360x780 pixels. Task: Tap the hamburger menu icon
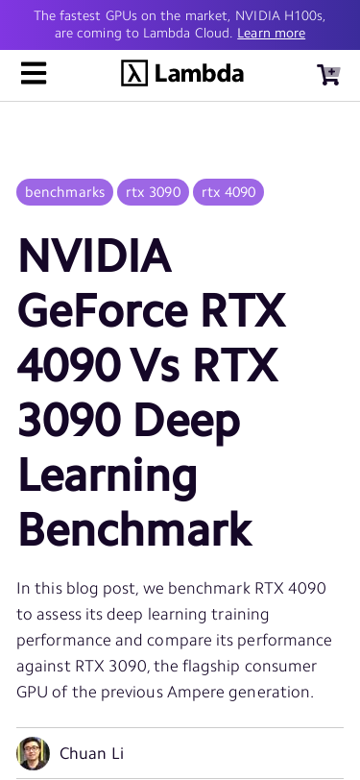34,74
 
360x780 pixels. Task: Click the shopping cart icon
328,75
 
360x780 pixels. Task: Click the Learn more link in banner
271,34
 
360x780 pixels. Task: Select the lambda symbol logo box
134,74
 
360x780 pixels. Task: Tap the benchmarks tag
64,192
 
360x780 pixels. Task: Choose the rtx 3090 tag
153,192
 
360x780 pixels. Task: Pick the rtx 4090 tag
228,192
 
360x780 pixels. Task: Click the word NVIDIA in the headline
94,256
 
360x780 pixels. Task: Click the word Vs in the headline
156,365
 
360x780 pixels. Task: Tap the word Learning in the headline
107,475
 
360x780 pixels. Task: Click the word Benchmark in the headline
134,529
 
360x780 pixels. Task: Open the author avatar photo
33,753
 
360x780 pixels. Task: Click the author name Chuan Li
91,754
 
